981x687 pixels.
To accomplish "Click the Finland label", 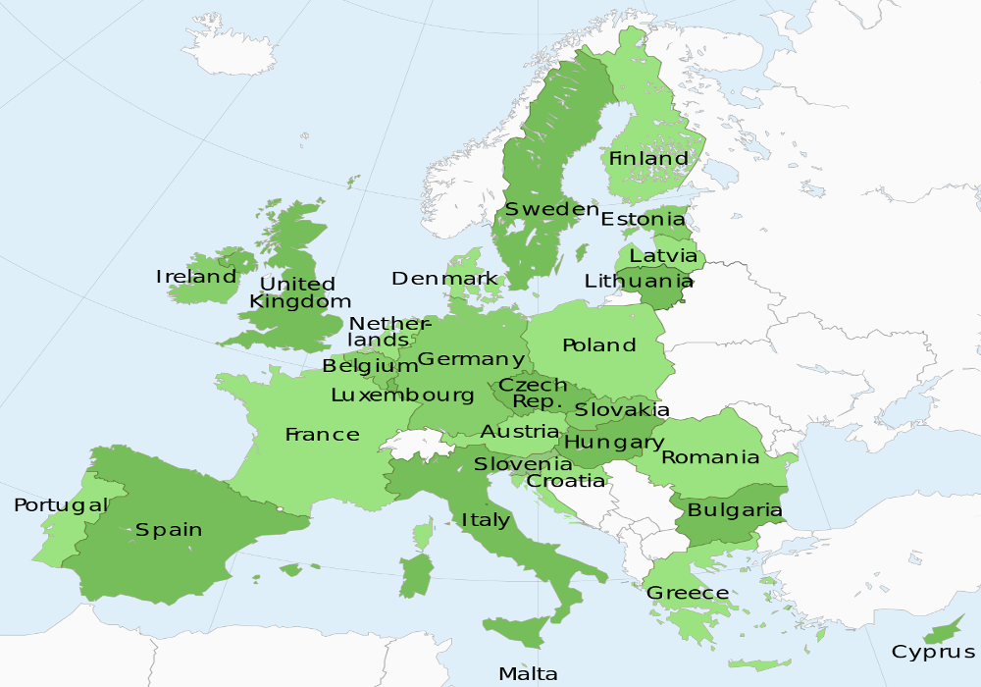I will [648, 158].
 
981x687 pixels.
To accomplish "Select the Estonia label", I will [643, 219].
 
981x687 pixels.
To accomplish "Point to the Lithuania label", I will [639, 281].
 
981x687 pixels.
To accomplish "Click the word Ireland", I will [196, 277].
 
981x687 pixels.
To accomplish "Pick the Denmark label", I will [444, 279].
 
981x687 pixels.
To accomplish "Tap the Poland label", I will [598, 345].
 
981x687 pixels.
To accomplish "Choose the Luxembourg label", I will [402, 396].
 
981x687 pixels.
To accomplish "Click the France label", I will [322, 434].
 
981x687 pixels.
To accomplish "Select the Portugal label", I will [60, 505].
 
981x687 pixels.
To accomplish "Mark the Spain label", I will [169, 530].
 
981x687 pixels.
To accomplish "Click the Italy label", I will [486, 519].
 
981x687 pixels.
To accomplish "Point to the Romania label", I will [710, 457].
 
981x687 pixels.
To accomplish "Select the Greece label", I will [687, 593].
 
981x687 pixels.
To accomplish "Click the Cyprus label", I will [933, 652].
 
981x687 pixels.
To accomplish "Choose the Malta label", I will [528, 673].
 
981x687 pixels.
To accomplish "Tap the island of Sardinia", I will [417, 574].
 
